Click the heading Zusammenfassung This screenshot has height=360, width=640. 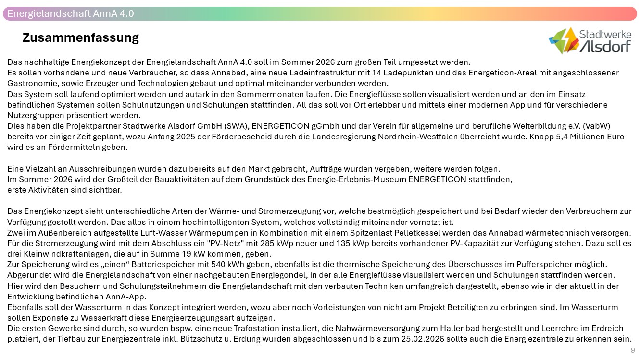80,37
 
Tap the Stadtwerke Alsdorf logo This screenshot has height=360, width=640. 590,40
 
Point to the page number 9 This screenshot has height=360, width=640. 633,350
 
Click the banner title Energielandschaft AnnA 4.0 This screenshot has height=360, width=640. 71,13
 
